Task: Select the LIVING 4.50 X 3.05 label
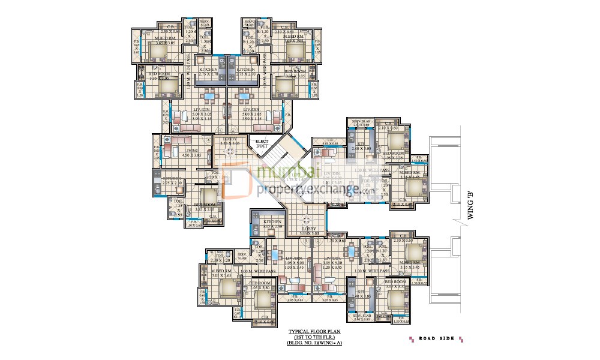click(x=192, y=152)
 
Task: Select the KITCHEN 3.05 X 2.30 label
click(x=268, y=224)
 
